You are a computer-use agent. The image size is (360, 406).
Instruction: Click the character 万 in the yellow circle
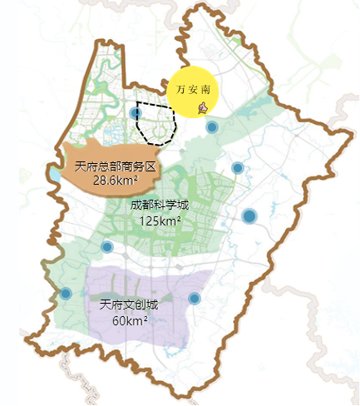coord(181,87)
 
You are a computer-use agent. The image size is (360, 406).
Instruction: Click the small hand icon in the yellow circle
coord(203,107)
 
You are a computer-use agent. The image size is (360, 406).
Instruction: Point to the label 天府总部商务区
coord(114,166)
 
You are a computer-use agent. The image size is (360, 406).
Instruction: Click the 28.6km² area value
coord(115,180)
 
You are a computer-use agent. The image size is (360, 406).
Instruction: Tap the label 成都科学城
coord(160,205)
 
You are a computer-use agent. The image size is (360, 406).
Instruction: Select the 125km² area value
coord(160,220)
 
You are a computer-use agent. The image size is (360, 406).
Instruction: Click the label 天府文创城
coord(128,304)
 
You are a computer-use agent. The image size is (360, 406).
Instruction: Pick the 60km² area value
coord(130,320)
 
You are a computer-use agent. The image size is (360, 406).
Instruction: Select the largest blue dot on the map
coord(249,216)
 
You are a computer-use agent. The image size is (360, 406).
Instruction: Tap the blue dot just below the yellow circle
coord(212,127)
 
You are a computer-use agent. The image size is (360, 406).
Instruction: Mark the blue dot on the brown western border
coord(66,293)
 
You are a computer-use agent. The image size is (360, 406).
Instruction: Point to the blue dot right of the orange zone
coord(237,168)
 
